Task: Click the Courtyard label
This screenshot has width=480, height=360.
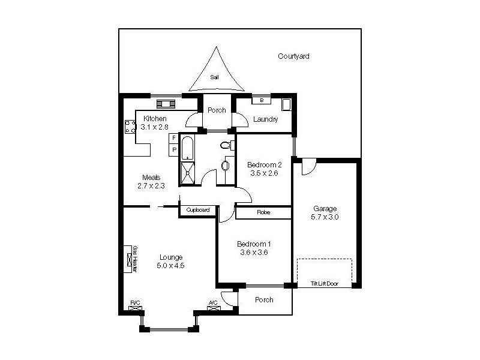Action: [293, 56]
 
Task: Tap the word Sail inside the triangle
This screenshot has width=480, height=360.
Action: [214, 77]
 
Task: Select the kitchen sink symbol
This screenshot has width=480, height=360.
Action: [166, 103]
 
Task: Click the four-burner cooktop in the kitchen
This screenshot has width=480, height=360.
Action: [130, 127]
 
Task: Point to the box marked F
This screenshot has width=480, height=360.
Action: [174, 138]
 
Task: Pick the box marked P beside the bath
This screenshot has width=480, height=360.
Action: [174, 149]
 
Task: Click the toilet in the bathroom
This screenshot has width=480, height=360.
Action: [227, 144]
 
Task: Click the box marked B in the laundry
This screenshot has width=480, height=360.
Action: [262, 101]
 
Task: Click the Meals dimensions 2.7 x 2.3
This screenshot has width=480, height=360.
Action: [150, 185]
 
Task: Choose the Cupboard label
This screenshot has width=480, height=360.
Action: [197, 210]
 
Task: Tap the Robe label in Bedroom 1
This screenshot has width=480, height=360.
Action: [263, 212]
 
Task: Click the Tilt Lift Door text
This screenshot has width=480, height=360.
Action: [324, 283]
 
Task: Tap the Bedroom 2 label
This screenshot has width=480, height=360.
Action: [265, 165]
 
